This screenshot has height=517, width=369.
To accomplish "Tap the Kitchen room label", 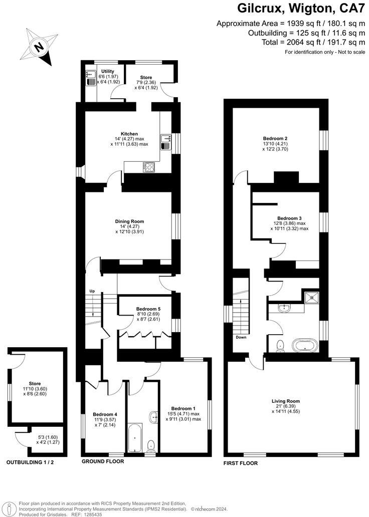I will coord(129,134).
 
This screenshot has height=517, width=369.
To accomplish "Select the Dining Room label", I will coord(129,221).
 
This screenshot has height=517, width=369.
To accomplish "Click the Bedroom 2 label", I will coord(275,138).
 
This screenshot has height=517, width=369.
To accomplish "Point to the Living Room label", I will coord(286,401).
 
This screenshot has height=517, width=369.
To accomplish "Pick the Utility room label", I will coord(108,72).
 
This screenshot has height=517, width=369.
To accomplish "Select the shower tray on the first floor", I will coord(313,297).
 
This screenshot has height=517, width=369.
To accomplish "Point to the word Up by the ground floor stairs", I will coord(92,291).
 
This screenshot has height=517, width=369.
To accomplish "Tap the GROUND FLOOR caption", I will coord(103,462).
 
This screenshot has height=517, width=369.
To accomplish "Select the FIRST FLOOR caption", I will coord(241,463).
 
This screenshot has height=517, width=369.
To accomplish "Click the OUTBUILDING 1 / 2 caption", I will coord(30,462).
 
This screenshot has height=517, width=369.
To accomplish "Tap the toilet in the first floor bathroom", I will coord(280,345).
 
